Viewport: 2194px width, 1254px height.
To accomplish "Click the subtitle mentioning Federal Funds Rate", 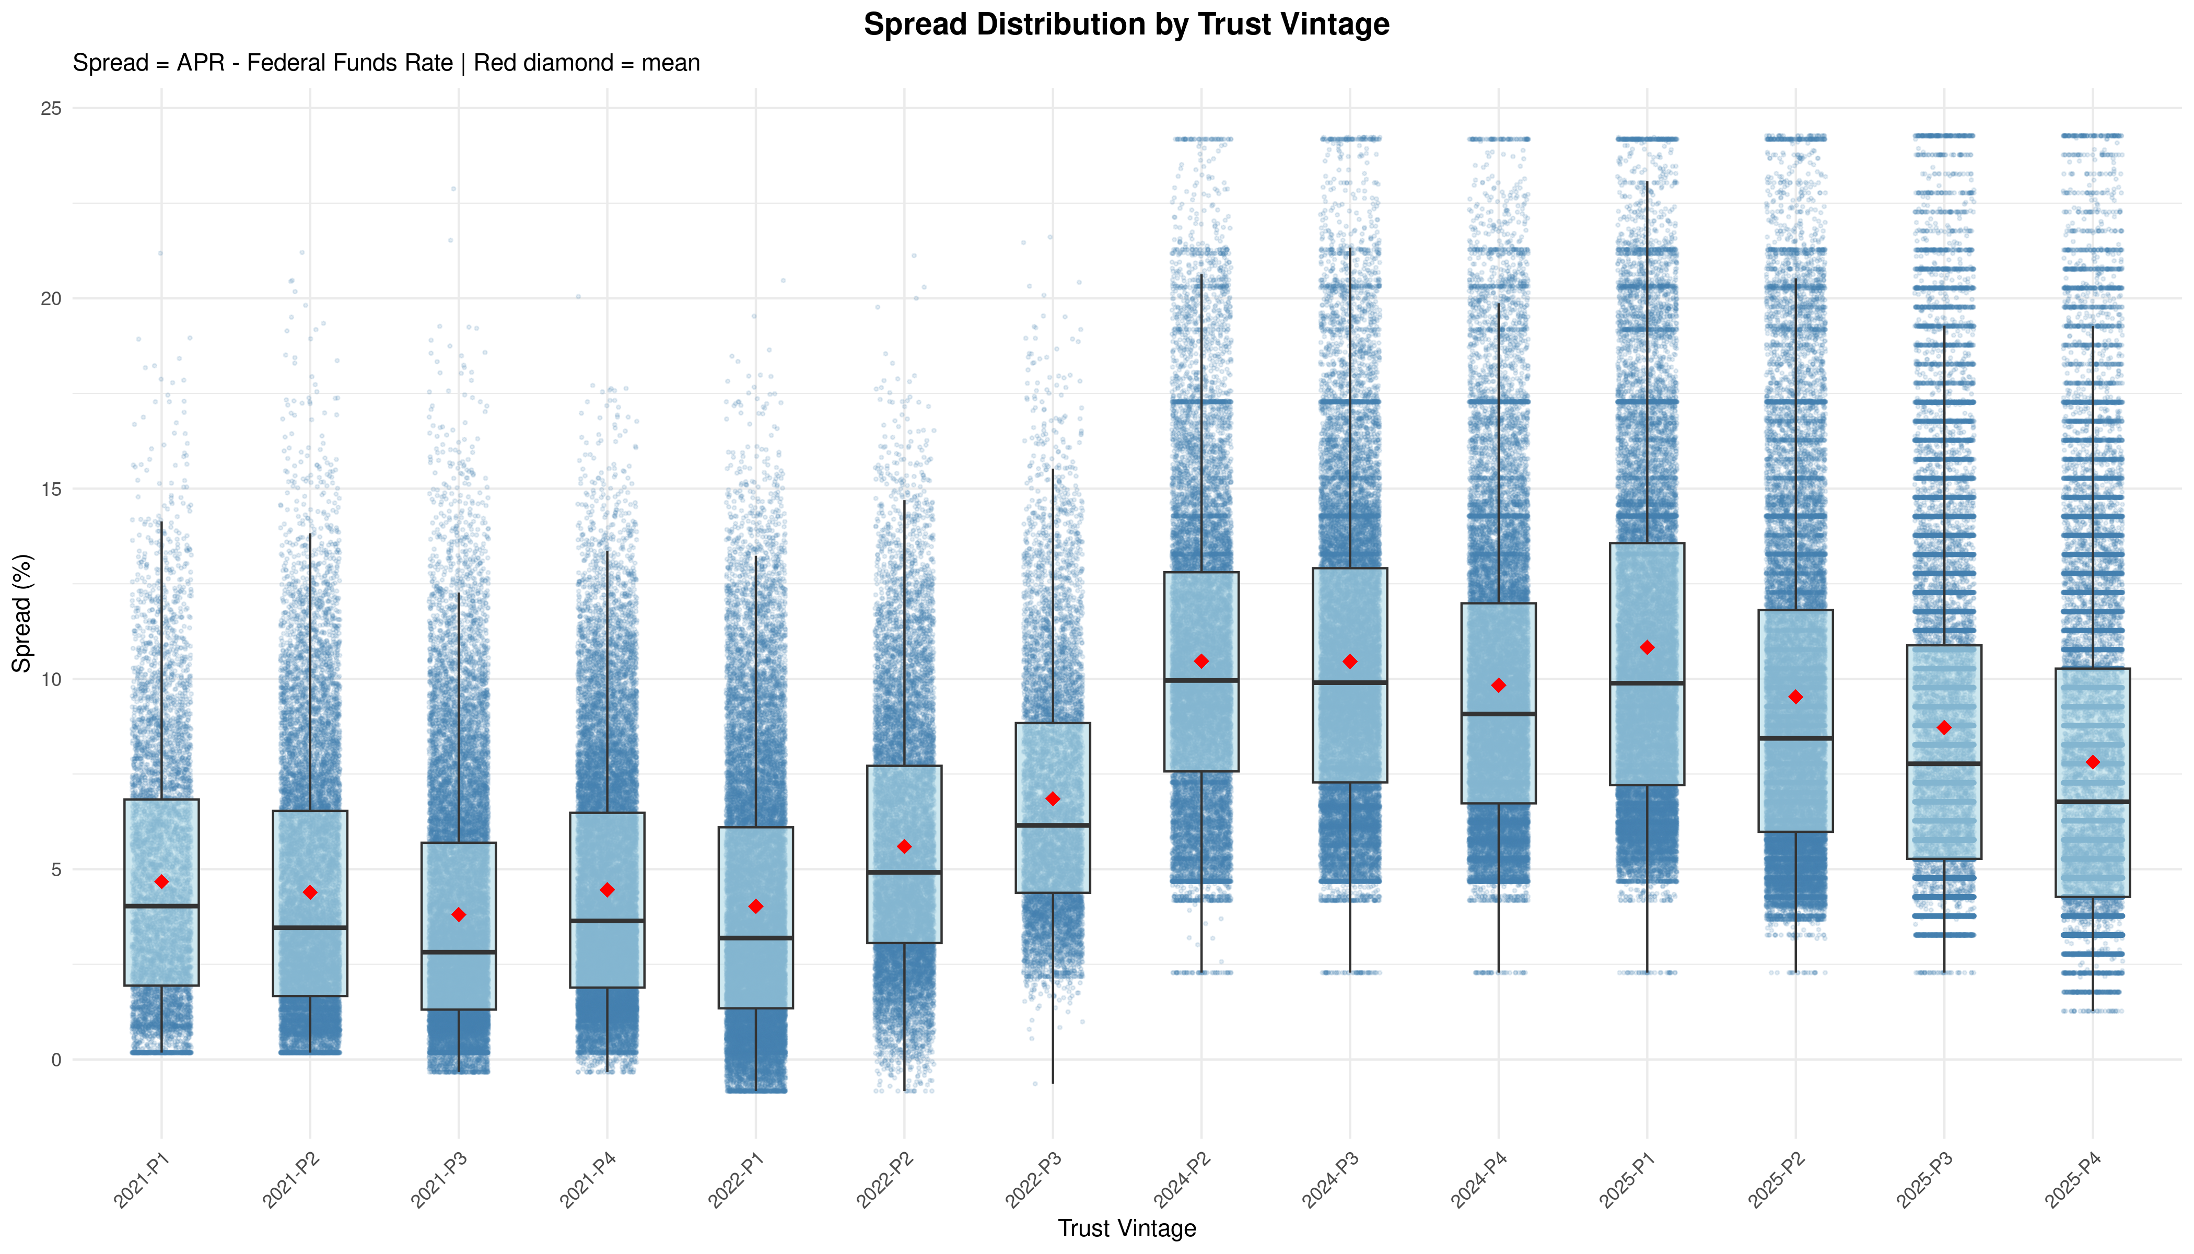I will coord(386,63).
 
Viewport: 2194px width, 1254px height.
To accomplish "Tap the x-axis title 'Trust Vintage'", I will coord(1126,1228).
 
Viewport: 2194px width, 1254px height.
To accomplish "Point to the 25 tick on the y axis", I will coord(52,109).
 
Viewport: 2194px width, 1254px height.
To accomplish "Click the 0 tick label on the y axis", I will coord(57,1060).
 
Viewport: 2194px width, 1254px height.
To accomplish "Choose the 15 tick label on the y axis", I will coord(52,489).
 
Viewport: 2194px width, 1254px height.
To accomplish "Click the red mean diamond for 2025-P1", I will coord(1647,648).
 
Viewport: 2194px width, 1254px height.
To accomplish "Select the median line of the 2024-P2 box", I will coord(1201,680).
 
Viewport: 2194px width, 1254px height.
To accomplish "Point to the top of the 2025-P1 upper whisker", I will coord(1647,182).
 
